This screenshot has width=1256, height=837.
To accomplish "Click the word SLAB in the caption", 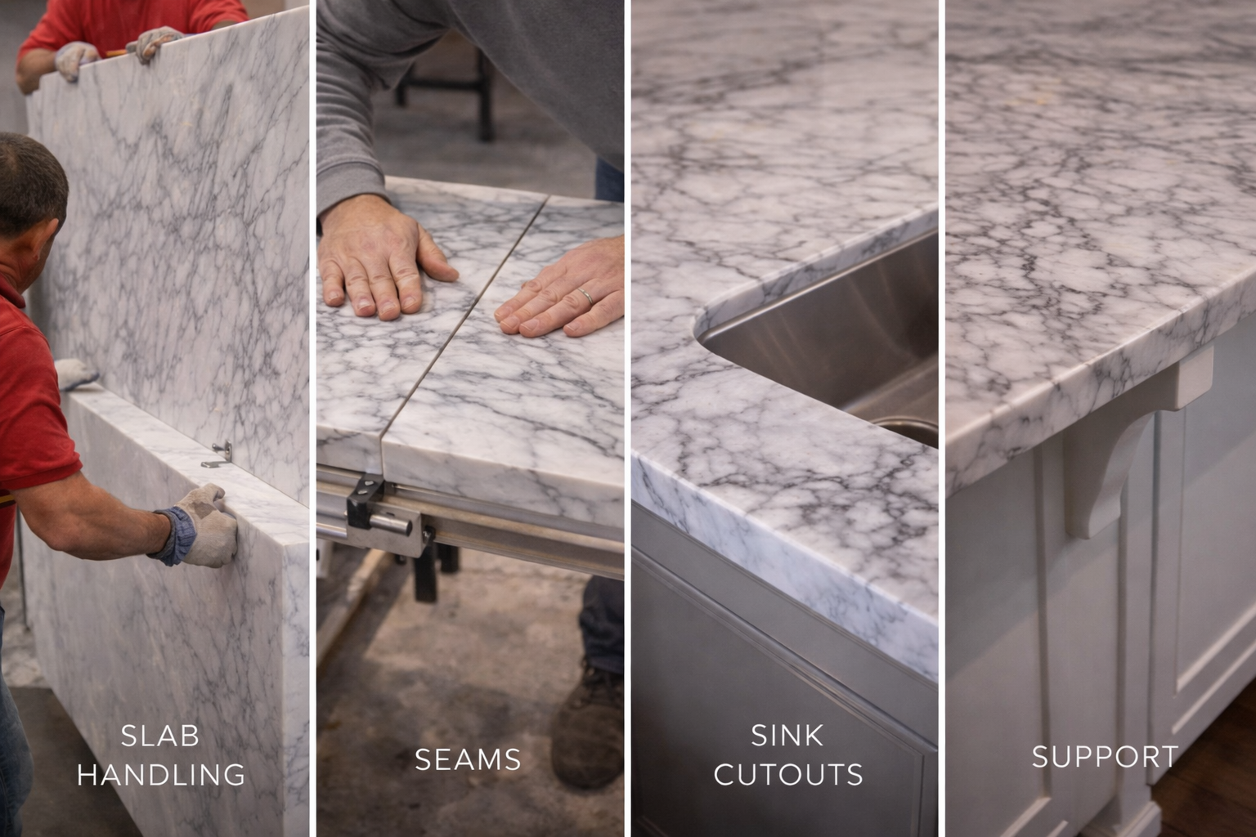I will coord(160,736).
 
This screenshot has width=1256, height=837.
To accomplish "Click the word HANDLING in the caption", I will coord(161,774).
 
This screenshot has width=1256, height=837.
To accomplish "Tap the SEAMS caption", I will coord(468,760).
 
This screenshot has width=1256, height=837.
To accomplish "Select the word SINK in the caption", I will coord(787,736).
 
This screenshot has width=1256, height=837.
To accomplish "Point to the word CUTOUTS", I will coord(788,774).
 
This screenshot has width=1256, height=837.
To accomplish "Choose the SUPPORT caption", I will coord(1105,757).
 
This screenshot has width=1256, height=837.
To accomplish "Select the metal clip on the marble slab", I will coord(219,454).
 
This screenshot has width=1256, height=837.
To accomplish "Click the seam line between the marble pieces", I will coord(458,327).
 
